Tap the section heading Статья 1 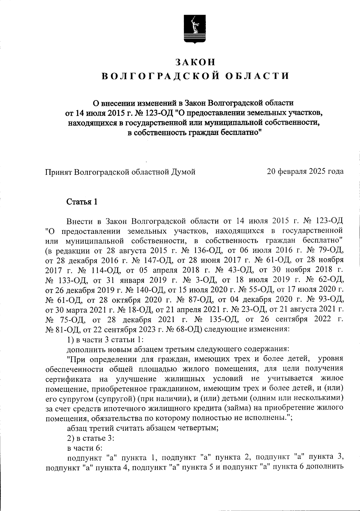coord(82,202)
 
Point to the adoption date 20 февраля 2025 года coord(305,172)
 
